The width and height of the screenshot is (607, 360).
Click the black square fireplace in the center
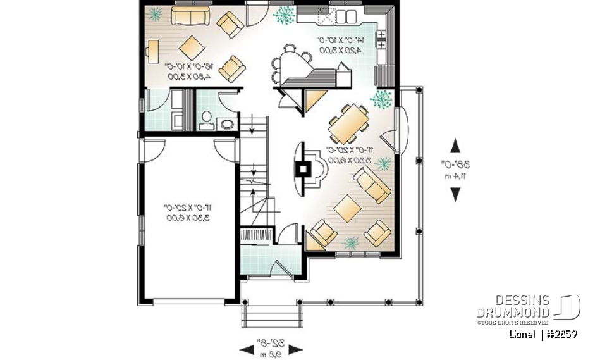[x=304, y=168]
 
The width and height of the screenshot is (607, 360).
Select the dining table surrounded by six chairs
[x=348, y=123]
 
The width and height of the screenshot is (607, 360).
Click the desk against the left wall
[x=152, y=51]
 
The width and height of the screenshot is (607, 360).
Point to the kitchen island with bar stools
[x=296, y=63]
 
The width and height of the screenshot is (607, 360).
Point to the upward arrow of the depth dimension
[x=455, y=146]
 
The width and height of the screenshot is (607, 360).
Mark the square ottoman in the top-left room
[x=190, y=46]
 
